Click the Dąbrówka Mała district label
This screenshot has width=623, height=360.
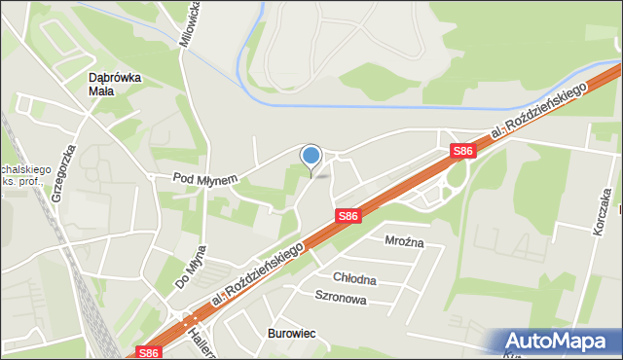click(115, 84)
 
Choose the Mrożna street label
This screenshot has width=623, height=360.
click(403, 241)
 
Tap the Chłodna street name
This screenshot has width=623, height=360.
click(354, 279)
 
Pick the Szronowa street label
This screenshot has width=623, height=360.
click(340, 298)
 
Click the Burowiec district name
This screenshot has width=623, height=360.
click(292, 334)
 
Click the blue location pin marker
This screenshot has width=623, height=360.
click(311, 156)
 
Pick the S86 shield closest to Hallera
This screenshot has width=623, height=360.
click(147, 352)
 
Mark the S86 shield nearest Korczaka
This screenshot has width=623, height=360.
click(462, 151)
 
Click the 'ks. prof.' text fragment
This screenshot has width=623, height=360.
click(19, 181)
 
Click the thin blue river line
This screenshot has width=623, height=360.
click(389, 104)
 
